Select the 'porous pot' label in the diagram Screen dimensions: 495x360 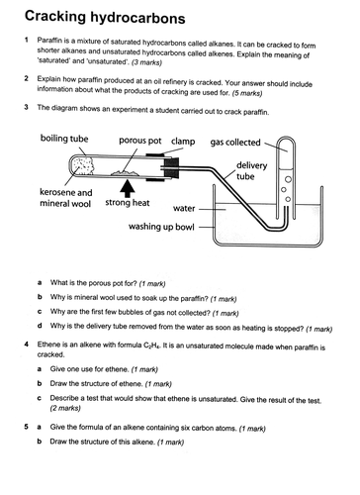pos(141,143)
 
